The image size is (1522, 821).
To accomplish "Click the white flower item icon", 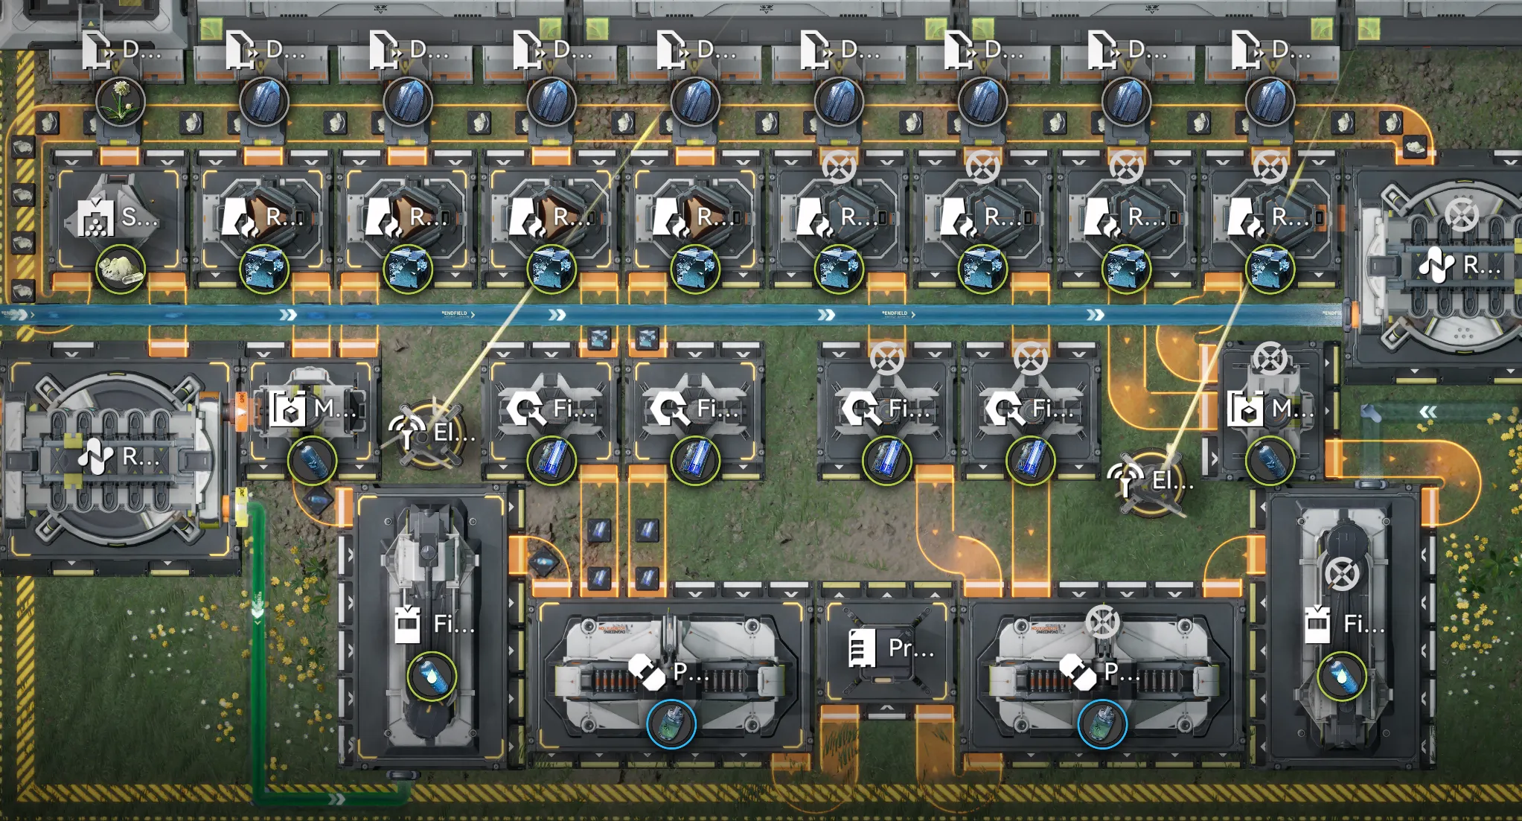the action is point(120,102).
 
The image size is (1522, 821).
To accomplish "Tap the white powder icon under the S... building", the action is point(120,269).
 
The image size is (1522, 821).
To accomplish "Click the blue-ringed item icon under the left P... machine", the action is point(671,723).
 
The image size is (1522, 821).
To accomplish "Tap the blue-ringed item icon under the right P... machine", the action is point(1102,723).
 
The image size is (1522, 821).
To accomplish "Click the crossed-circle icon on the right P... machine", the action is point(1102,622).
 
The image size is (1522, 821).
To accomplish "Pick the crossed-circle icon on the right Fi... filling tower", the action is point(1342,574).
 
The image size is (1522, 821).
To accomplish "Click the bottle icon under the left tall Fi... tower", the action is point(432,676).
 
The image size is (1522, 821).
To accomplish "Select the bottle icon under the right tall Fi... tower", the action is point(1342,676).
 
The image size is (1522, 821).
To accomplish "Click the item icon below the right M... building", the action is point(1270,461).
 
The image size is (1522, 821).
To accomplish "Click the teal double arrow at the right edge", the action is point(1428,412).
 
